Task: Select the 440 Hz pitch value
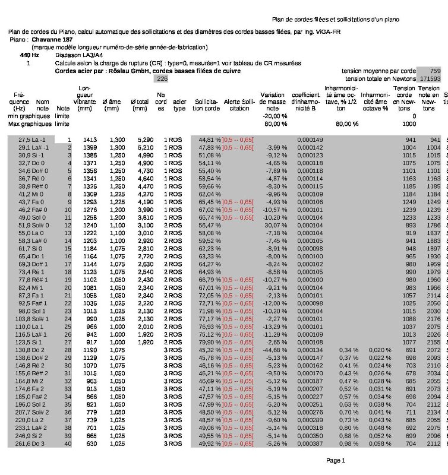(x=29, y=55)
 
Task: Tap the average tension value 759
(x=435, y=70)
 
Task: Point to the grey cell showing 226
(x=162, y=78)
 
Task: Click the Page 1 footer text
(x=336, y=460)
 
